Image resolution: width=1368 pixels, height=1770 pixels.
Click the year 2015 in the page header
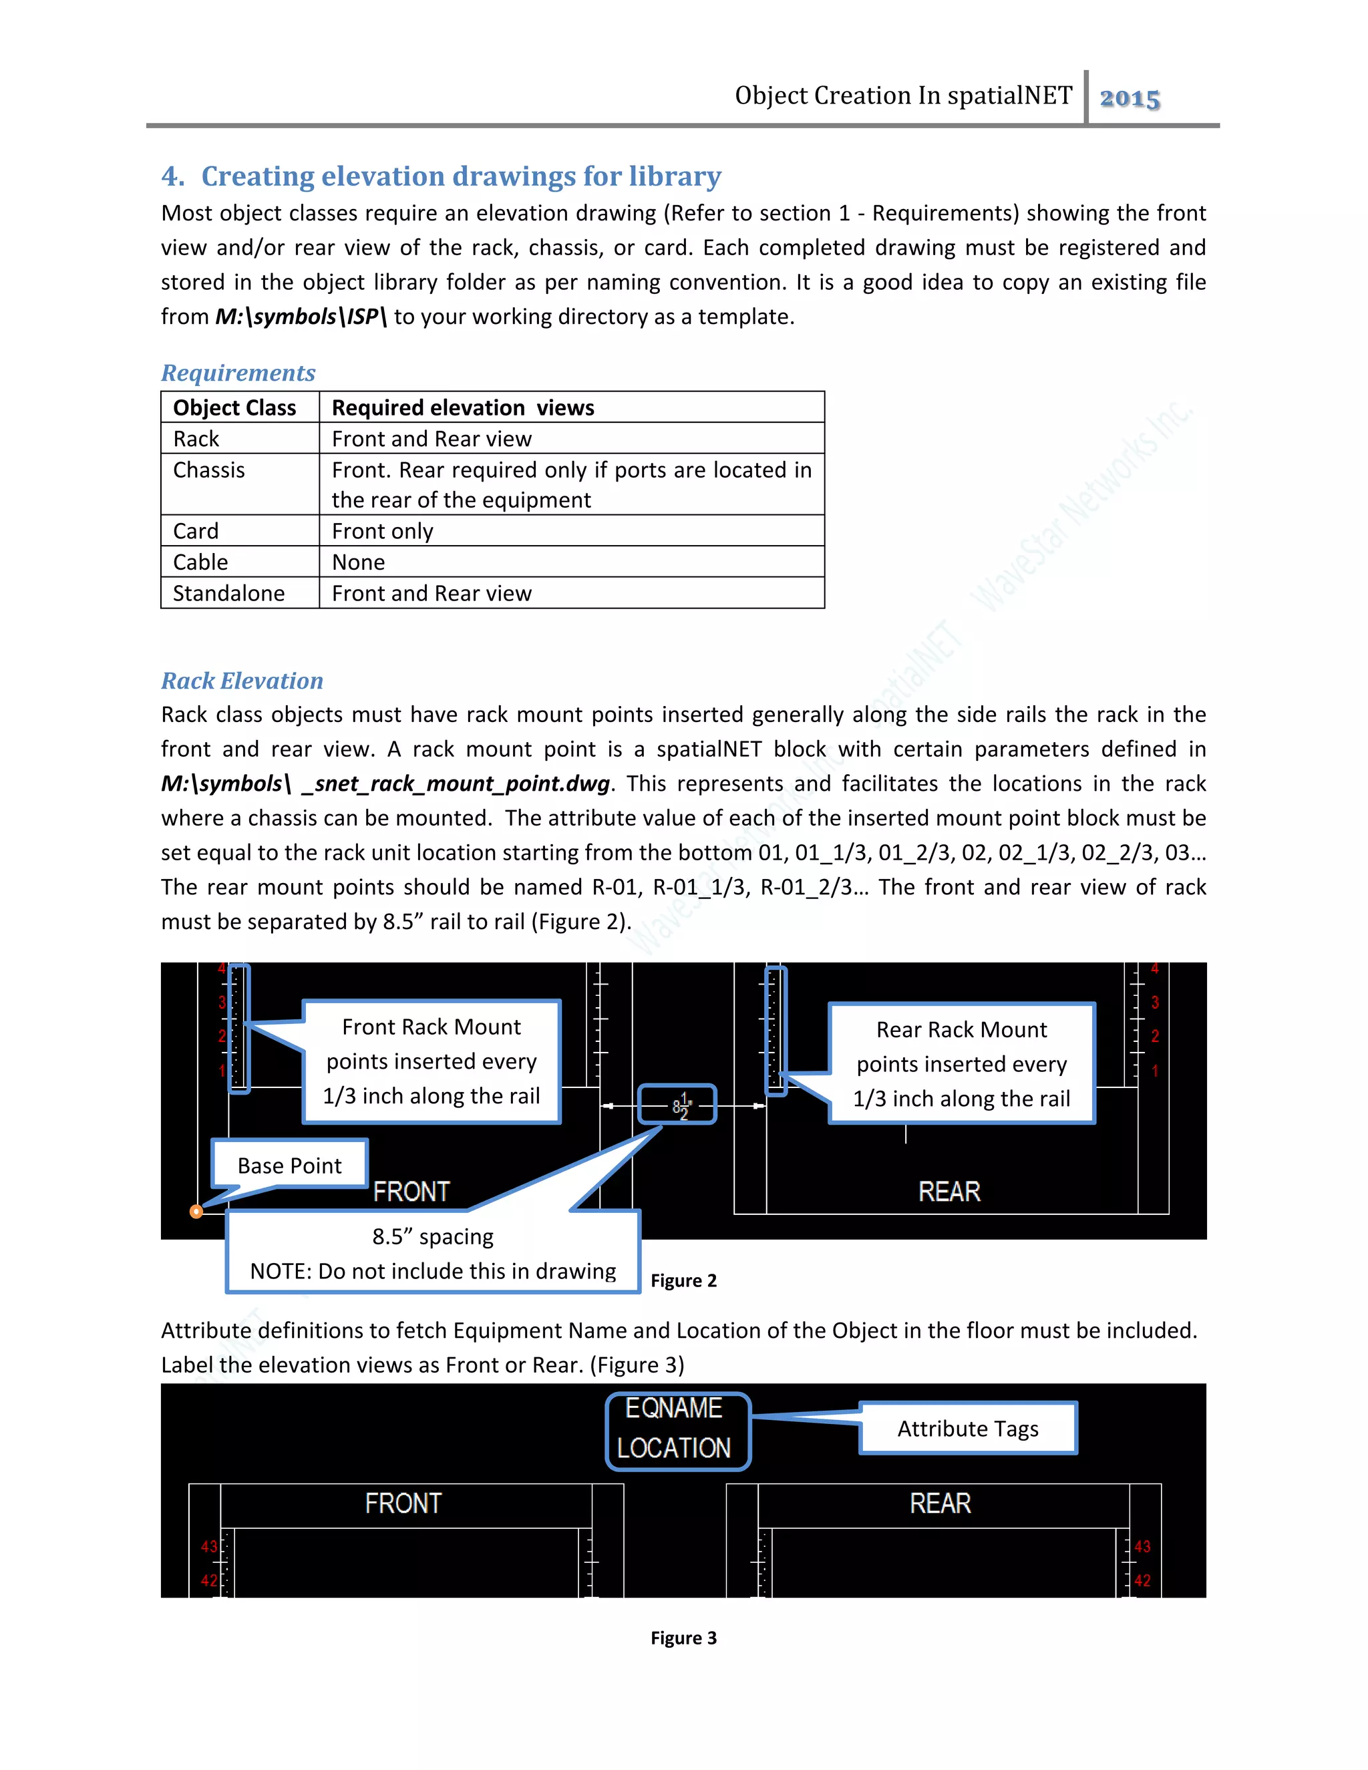[1130, 98]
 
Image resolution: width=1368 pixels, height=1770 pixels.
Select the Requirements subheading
[238, 373]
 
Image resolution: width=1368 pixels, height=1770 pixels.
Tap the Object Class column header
[234, 407]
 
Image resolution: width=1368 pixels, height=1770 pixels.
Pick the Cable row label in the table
[200, 562]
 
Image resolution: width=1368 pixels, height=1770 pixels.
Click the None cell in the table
[358, 562]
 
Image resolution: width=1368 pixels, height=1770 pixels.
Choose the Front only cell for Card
[383, 532]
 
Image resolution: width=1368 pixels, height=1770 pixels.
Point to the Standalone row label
[228, 594]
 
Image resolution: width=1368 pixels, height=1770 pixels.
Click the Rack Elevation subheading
[242, 681]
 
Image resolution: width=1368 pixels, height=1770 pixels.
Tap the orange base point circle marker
[196, 1212]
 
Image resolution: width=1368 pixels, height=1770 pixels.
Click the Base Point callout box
[289, 1165]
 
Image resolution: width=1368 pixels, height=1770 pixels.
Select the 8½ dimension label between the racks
[679, 1105]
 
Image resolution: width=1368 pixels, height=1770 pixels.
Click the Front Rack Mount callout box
[431, 1062]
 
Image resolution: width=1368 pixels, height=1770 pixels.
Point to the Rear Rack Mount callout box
[961, 1063]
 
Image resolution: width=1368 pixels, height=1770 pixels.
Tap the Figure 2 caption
[683, 1280]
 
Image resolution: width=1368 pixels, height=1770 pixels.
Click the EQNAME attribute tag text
[673, 1409]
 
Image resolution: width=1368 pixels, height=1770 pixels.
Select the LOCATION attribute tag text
[674, 1448]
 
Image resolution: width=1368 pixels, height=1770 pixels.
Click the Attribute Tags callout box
[968, 1429]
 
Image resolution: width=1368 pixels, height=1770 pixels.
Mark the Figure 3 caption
[683, 1638]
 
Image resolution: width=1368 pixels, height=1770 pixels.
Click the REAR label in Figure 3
[940, 1504]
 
